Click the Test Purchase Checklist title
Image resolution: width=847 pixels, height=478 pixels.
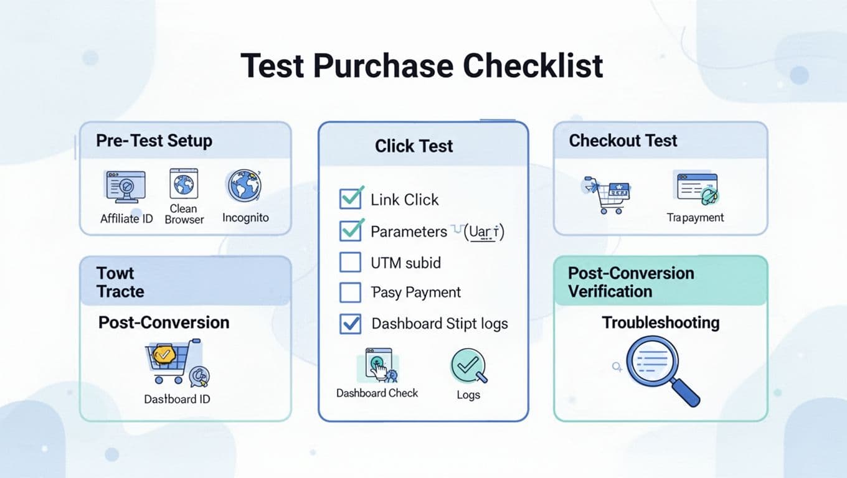422,65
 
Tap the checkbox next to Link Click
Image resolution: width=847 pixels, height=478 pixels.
350,199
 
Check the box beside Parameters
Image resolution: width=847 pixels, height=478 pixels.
350,230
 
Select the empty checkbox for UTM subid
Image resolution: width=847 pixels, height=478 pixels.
350,262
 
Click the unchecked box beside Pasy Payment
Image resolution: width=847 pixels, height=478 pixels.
350,292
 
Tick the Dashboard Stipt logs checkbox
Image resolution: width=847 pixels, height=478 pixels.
350,323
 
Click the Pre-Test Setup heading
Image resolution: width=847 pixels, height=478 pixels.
154,141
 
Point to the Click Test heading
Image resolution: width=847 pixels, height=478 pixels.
414,146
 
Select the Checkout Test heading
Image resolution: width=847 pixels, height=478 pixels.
623,141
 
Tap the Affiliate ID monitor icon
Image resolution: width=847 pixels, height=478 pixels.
125,187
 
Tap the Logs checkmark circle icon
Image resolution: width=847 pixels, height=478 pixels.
468,367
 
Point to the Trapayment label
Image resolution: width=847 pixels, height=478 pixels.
695,217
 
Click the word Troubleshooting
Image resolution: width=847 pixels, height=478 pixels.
660,323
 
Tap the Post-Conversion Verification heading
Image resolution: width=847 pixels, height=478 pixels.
630,282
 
